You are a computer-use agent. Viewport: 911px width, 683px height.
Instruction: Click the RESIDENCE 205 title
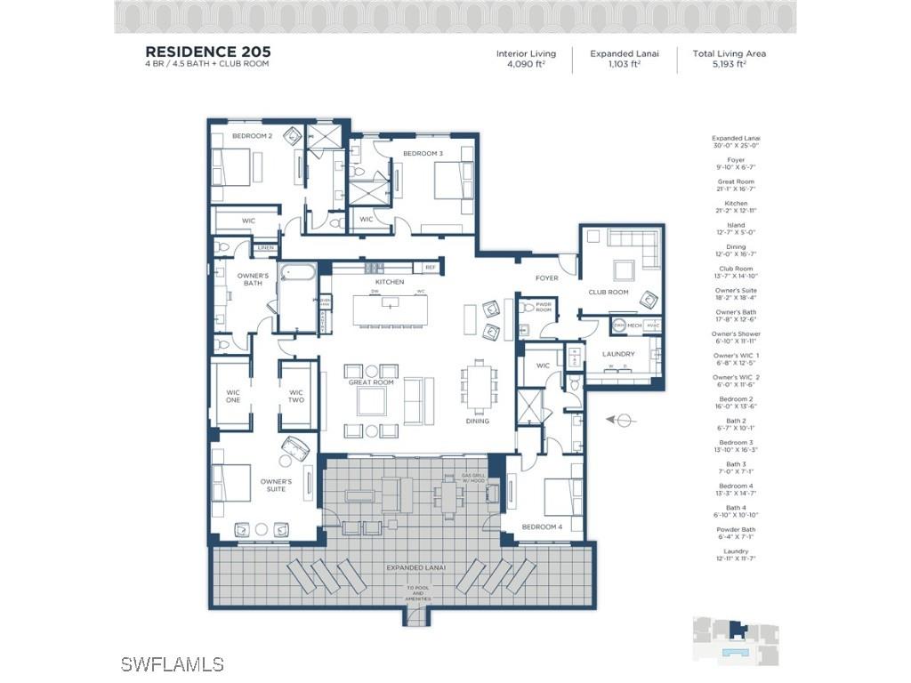tap(207, 52)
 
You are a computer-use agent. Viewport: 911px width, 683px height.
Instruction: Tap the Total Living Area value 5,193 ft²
tap(729, 64)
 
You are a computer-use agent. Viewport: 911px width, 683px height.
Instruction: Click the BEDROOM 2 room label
tap(251, 135)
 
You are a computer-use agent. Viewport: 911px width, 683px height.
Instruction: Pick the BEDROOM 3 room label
tap(423, 154)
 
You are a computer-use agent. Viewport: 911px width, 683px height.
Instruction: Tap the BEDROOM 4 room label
tap(541, 526)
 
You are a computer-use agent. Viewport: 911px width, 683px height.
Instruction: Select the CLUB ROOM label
tap(609, 292)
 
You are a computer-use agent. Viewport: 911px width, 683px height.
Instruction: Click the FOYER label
tap(547, 278)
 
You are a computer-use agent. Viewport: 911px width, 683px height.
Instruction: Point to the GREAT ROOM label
tap(371, 382)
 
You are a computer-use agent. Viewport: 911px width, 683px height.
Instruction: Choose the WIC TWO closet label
tap(296, 396)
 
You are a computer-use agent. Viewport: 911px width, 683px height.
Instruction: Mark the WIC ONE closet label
tap(233, 396)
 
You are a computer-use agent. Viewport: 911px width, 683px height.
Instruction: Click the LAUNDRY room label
tap(618, 354)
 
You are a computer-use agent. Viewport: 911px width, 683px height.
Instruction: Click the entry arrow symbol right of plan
tap(619, 420)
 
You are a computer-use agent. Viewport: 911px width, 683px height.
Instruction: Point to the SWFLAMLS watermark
tap(172, 663)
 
